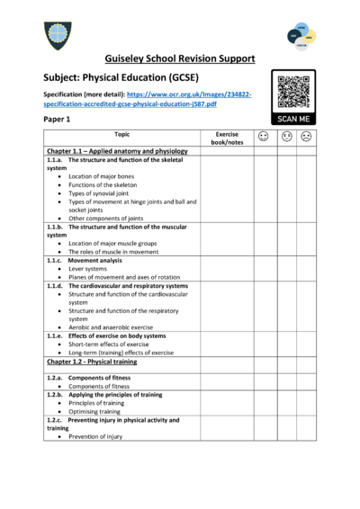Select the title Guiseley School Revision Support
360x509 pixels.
point(179,58)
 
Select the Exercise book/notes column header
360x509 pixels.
point(227,138)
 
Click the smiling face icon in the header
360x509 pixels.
point(263,137)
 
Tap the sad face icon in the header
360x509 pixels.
point(306,137)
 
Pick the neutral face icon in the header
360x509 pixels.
point(284,137)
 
